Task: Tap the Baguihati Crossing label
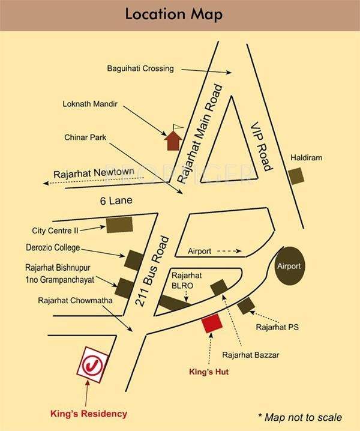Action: point(140,68)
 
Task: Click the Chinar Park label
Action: point(85,137)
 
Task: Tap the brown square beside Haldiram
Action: point(296,176)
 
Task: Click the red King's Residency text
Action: point(88,414)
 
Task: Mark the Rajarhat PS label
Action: point(277,327)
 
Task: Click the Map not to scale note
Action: point(300,417)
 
